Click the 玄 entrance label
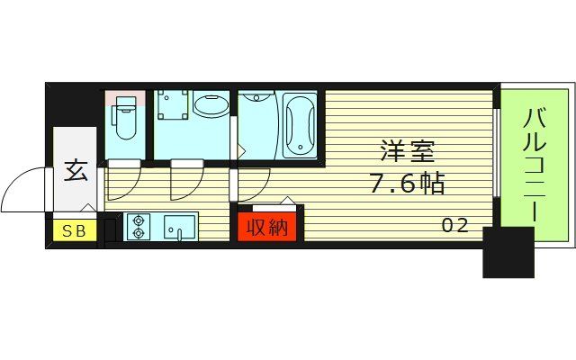(76, 171)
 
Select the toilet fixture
(125, 121)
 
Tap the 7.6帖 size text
(407, 184)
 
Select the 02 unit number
(454, 226)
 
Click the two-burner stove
(139, 227)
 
